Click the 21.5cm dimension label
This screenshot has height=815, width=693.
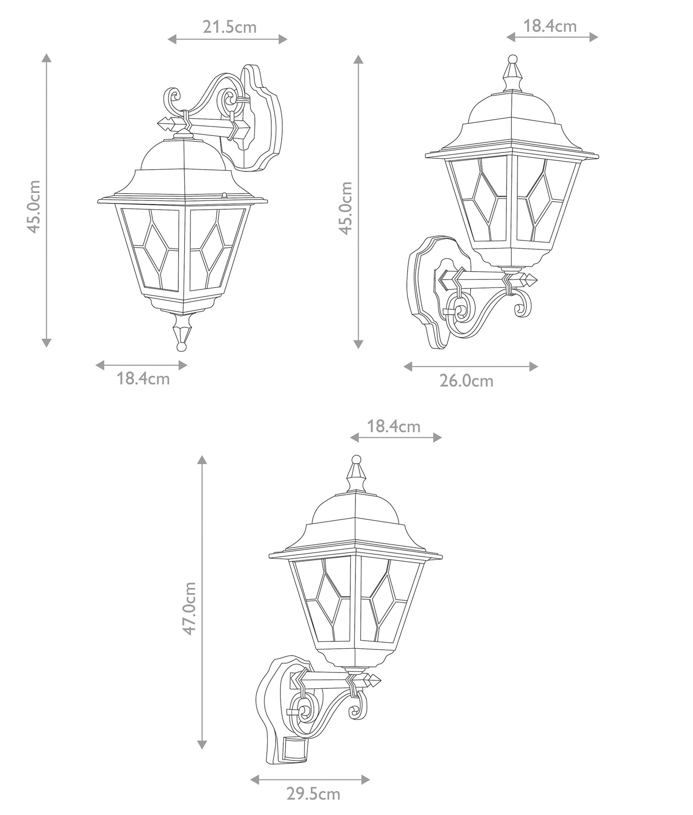(229, 27)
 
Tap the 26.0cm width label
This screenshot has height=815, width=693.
(466, 381)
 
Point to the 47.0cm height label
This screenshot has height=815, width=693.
(190, 608)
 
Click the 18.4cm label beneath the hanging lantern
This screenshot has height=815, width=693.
(143, 379)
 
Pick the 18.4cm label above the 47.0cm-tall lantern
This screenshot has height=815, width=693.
(394, 426)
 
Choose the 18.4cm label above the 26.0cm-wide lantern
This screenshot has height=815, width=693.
(550, 26)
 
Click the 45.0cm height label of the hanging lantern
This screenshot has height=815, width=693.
(34, 206)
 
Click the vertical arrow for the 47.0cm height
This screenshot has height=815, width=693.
(201, 608)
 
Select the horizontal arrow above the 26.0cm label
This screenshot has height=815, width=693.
(470, 366)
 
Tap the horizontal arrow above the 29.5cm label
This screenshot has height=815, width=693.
(310, 780)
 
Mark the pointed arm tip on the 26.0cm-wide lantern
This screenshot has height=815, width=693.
(531, 280)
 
